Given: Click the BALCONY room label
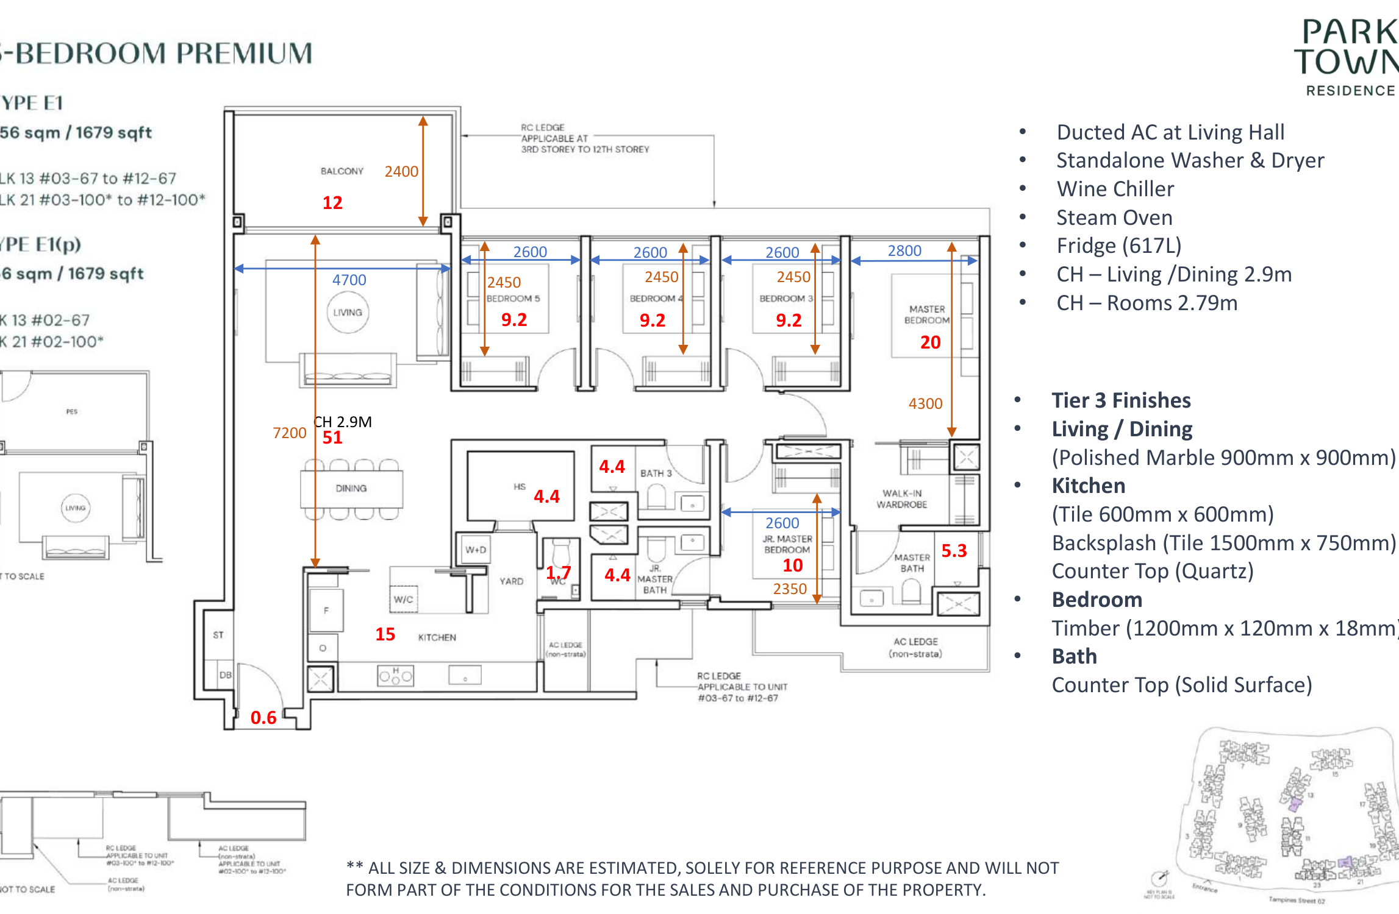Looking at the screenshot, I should (x=342, y=171).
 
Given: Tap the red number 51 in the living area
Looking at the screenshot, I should (x=332, y=438).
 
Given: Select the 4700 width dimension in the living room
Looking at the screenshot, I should (x=349, y=280).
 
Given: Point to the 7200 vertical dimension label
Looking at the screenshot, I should (x=289, y=433).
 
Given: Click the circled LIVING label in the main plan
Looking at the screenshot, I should (x=348, y=313).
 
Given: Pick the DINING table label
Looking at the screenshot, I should (x=351, y=488).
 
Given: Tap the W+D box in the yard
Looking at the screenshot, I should (x=476, y=550).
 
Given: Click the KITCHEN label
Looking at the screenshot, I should (x=437, y=637).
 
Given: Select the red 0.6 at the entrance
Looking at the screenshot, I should (x=263, y=718).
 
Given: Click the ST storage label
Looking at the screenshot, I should (x=218, y=635).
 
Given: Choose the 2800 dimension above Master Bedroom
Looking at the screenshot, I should (x=904, y=250).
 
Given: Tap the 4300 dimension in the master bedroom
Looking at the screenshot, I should (x=925, y=403).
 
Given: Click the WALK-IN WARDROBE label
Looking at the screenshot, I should (x=902, y=498).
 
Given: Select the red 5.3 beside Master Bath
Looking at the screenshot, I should (x=954, y=551).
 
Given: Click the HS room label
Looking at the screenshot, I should (x=519, y=487).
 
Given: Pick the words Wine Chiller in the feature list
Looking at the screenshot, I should (x=1115, y=189).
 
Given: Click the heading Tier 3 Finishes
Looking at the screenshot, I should (x=1121, y=400).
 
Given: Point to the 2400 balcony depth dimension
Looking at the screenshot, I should (x=401, y=171).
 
